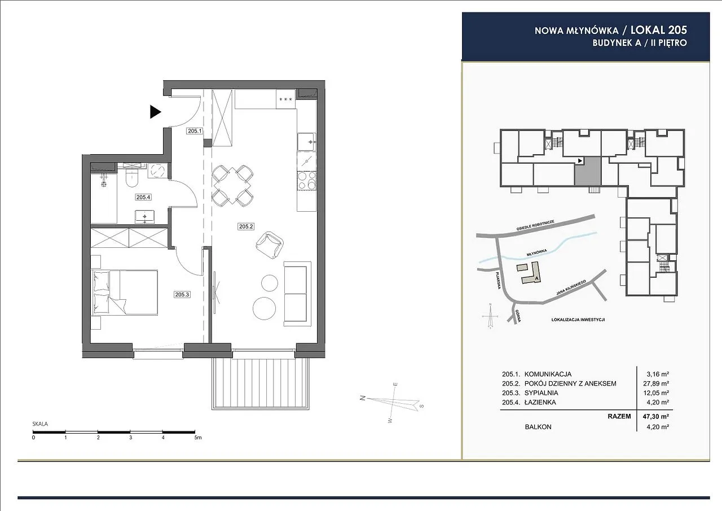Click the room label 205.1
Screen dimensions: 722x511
click(195, 131)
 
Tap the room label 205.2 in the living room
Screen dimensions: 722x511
click(246, 226)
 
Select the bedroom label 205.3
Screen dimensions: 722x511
click(182, 294)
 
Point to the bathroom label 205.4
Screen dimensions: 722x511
click(143, 197)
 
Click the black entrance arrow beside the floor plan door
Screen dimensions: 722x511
click(155, 112)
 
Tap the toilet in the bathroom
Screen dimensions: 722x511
click(131, 179)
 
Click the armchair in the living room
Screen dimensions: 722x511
click(270, 245)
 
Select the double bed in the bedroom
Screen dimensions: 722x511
click(125, 292)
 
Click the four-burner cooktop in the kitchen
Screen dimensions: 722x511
click(306, 181)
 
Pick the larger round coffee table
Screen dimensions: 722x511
click(265, 308)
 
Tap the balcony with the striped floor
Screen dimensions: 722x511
click(261, 384)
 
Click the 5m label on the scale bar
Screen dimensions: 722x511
click(197, 438)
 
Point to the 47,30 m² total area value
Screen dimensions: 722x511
click(656, 416)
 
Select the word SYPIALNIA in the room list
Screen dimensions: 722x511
click(541, 393)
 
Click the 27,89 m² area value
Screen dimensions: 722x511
click(656, 383)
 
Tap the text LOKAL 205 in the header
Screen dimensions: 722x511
click(659, 30)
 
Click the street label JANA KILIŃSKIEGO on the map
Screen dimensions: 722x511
click(571, 288)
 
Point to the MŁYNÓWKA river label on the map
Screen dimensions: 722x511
click(536, 252)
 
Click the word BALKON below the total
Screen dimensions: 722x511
click(538, 427)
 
